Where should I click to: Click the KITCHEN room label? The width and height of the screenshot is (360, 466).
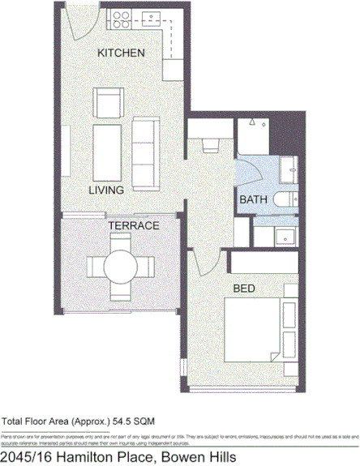pos(121,53)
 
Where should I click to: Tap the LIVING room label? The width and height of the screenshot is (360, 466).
pos(106,190)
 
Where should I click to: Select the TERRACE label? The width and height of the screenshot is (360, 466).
pos(134,226)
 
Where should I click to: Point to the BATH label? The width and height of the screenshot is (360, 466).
pos(253,199)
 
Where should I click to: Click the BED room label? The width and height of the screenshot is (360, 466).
pos(245,288)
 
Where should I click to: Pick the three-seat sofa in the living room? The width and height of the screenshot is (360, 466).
pos(146,152)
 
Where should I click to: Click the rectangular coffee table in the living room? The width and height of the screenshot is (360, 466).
pos(108,151)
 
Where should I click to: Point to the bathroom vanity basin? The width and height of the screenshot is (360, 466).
pos(284,236)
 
